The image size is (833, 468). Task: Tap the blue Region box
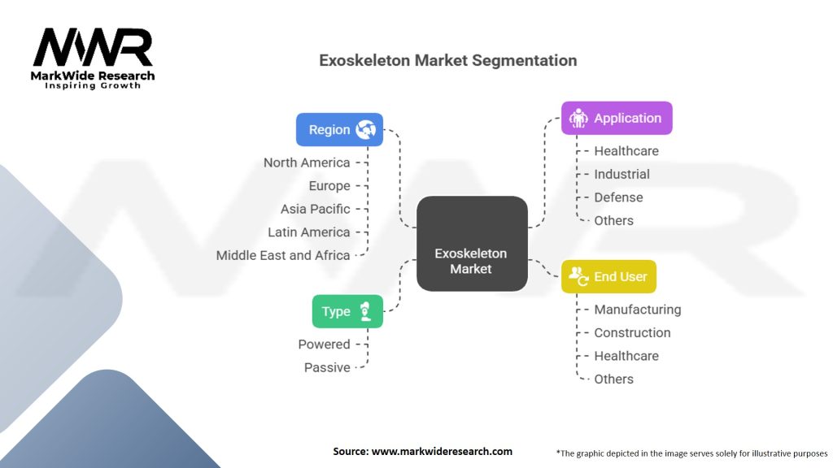(339, 129)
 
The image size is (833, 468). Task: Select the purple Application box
(617, 118)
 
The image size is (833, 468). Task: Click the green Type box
(347, 311)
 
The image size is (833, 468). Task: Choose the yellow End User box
(608, 276)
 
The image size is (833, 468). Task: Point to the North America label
(307, 162)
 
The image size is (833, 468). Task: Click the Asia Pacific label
(316, 209)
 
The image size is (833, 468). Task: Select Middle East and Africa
(283, 255)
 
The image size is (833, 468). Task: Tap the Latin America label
(309, 232)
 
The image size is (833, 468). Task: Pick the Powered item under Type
(324, 344)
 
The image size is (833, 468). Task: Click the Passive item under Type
(327, 367)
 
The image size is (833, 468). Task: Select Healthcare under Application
(626, 151)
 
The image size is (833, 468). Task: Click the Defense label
(618, 197)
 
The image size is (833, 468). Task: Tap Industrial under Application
(621, 174)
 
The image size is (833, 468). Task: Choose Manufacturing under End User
(637, 310)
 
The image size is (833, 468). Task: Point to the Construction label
(632, 332)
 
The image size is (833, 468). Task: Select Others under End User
(613, 379)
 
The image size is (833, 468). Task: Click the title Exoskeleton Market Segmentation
(447, 61)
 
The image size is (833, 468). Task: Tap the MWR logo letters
(93, 48)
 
